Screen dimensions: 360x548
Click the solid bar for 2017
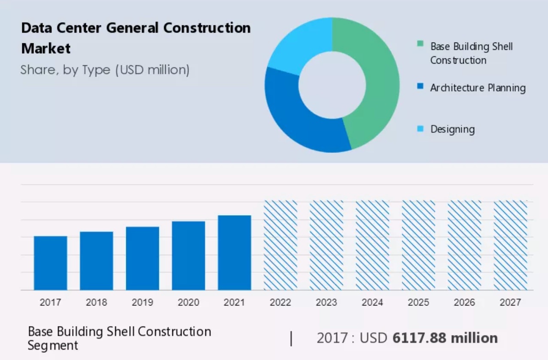51,263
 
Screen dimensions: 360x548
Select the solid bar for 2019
143,258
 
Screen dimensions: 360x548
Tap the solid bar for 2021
234,253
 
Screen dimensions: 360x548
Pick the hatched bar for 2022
280,245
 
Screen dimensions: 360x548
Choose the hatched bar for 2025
419,245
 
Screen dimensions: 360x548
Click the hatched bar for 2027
511,245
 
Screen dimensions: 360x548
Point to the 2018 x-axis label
97,302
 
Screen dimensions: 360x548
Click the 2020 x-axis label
189,302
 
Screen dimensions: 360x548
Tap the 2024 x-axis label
372,302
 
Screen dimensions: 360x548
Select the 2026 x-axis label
465,302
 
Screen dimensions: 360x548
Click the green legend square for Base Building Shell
420,44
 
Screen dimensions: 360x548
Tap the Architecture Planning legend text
478,88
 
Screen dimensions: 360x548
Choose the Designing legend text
453,129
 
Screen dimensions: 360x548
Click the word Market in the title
46,48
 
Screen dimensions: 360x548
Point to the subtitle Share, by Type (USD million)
105,70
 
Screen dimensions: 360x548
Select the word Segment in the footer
53,345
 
